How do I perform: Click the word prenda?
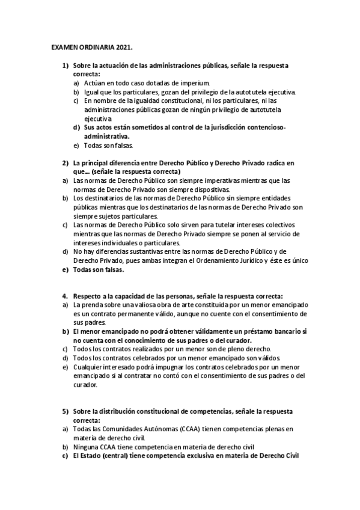coord(90,305)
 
